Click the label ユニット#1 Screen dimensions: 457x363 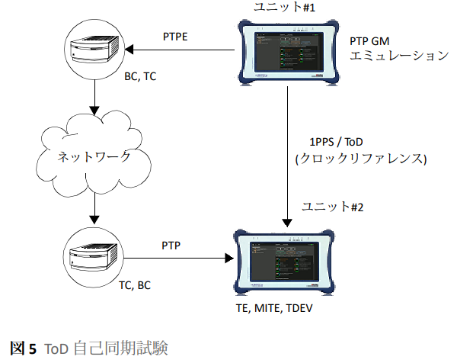pos(284,7)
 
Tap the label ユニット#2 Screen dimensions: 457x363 pos(333,207)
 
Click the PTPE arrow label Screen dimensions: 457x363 pos(175,37)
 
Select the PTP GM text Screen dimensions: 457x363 pos(369,41)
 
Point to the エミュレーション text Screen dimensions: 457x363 pos(399,56)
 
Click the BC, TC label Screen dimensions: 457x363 pos(140,76)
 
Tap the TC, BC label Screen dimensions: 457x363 pos(135,285)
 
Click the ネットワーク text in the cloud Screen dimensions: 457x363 pos(94,156)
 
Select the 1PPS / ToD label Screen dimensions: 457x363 pos(336,142)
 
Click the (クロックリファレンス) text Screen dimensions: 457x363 pos(361,159)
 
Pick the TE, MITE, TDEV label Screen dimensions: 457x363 pos(274,308)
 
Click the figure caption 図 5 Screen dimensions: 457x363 pos(24,348)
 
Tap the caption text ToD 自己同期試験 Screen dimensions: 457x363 pos(106,348)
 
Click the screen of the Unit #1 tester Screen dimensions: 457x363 pos(289,52)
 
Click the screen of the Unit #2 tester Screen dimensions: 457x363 pos(284,261)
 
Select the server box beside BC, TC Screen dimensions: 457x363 pos(94,49)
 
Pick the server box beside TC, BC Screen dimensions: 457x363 pos(94,257)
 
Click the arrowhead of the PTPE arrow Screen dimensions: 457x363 pos(129,50)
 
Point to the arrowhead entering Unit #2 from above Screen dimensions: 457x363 pos(287,223)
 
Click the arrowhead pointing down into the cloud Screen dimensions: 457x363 pos(94,111)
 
